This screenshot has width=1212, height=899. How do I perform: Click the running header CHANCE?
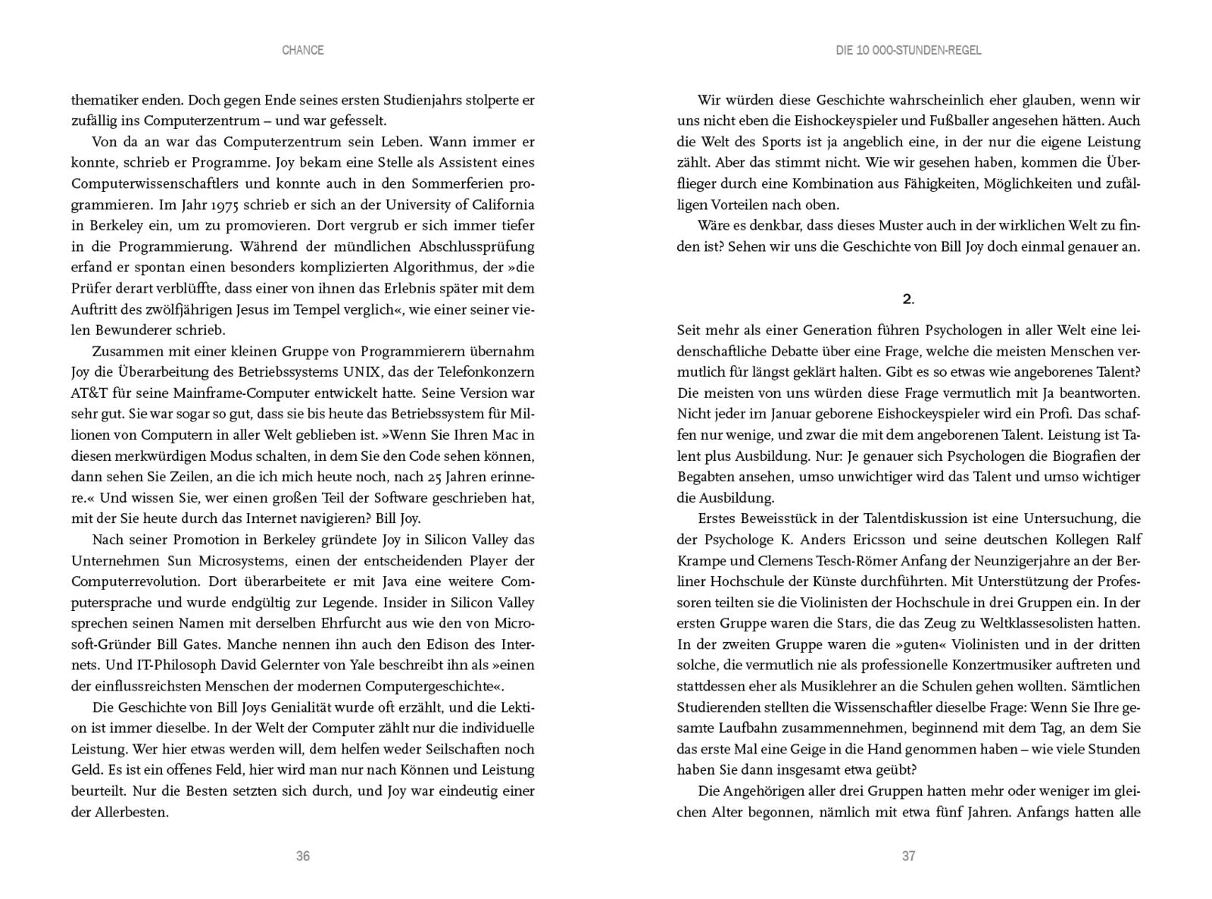pyautogui.click(x=302, y=50)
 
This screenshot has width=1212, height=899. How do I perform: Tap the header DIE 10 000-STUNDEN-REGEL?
pyautogui.click(x=908, y=50)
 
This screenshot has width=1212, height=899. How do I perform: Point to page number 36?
pyautogui.click(x=302, y=856)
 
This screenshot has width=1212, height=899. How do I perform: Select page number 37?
pyautogui.click(x=908, y=856)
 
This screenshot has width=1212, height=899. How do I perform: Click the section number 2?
pyautogui.click(x=908, y=299)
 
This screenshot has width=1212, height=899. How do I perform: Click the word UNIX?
pyautogui.click(x=367, y=372)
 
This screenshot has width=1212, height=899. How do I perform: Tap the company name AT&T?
pyautogui.click(x=90, y=393)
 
